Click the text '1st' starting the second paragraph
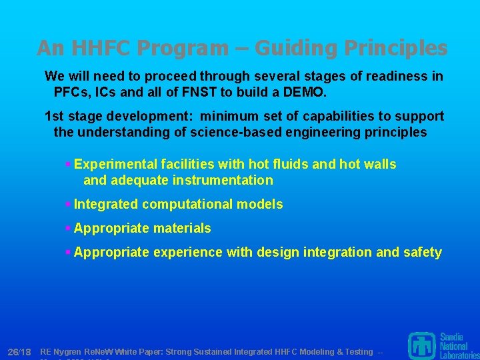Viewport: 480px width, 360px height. point(55,117)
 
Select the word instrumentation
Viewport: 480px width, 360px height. point(223,180)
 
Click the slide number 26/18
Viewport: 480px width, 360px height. point(19,351)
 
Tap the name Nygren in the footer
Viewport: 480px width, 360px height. point(68,351)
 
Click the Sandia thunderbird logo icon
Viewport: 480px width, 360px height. point(421,345)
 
